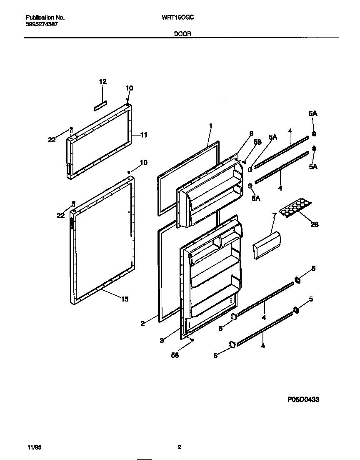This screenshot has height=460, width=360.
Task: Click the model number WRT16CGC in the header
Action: tap(177, 18)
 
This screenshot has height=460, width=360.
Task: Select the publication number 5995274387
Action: tap(42, 25)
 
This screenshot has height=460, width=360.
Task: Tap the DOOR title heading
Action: tap(182, 35)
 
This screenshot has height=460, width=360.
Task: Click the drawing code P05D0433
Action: tap(303, 399)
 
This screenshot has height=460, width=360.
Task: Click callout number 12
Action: tap(102, 82)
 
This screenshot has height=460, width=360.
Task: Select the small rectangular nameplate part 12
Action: tap(100, 106)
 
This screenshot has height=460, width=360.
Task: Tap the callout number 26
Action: tap(315, 224)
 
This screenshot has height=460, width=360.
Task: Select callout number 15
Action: tap(125, 299)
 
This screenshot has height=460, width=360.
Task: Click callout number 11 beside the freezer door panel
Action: tap(143, 135)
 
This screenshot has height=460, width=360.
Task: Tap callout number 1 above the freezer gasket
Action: tap(211, 126)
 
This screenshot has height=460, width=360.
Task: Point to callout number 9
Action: tap(251, 133)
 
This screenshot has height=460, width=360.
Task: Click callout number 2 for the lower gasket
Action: tap(142, 323)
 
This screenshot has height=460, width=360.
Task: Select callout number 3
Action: tap(162, 341)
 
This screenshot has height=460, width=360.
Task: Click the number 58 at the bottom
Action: tap(175, 355)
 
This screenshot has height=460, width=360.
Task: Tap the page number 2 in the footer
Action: tap(179, 447)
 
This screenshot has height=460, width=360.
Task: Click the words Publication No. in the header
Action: tap(45, 18)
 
